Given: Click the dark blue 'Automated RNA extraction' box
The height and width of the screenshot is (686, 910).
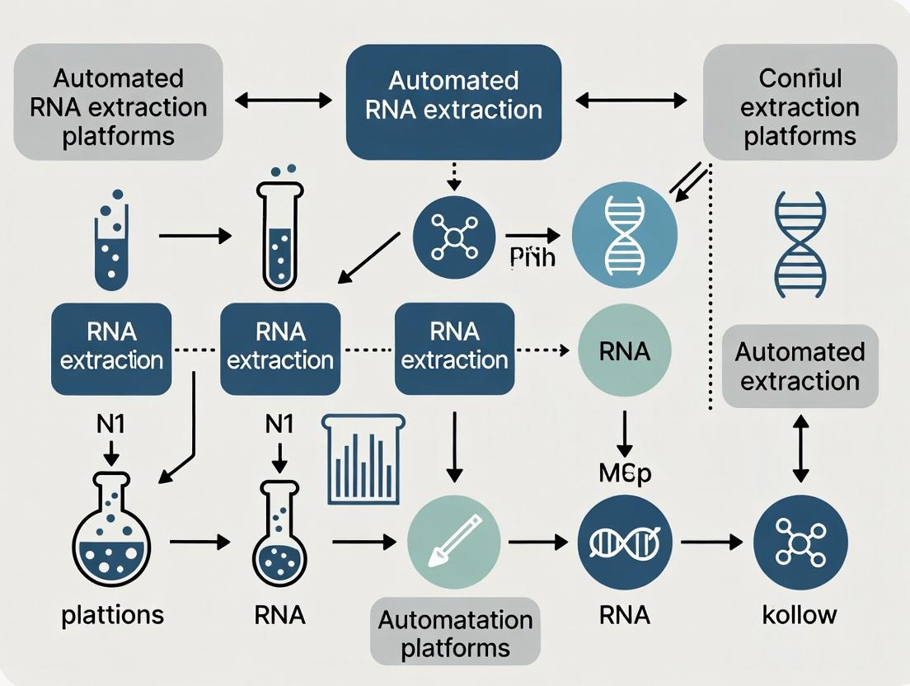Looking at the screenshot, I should point(453,101).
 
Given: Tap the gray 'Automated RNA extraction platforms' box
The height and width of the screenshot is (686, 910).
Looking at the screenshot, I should point(118,101).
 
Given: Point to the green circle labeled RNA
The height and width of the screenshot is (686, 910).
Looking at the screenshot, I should point(626,352).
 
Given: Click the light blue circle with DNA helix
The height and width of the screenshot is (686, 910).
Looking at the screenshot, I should point(625,235).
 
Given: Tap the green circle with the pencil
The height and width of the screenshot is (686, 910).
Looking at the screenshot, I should point(454,542).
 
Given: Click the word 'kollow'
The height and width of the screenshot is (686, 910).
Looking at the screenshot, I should point(800,614).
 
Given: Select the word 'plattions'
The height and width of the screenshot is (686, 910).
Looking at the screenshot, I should point(112,614).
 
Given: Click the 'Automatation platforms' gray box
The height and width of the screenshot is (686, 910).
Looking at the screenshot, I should point(455,633).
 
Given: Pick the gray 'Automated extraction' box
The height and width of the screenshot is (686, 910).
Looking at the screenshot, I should point(800,366).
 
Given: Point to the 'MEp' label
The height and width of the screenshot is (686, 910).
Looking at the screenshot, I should point(625,476).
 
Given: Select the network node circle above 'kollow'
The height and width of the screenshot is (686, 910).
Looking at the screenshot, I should point(800,542).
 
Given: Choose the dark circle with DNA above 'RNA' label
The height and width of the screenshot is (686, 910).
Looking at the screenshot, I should point(625,542).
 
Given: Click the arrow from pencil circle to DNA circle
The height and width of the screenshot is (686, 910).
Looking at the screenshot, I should point(537,542).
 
